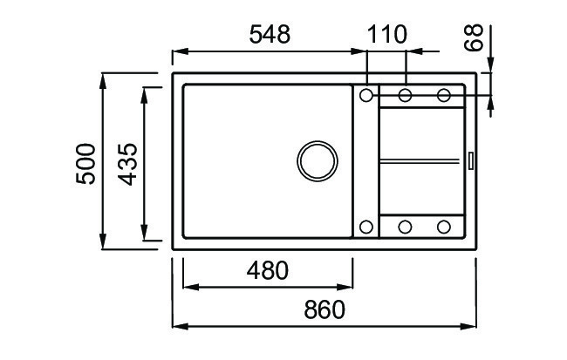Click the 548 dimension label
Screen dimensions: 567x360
(270, 35)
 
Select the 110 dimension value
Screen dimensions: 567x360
(387, 35)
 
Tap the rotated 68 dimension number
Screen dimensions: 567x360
(474, 37)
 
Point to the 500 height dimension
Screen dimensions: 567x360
(86, 164)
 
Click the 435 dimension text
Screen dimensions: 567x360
(127, 165)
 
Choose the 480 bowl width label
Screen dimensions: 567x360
(268, 271)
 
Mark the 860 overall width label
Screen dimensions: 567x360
(324, 309)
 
